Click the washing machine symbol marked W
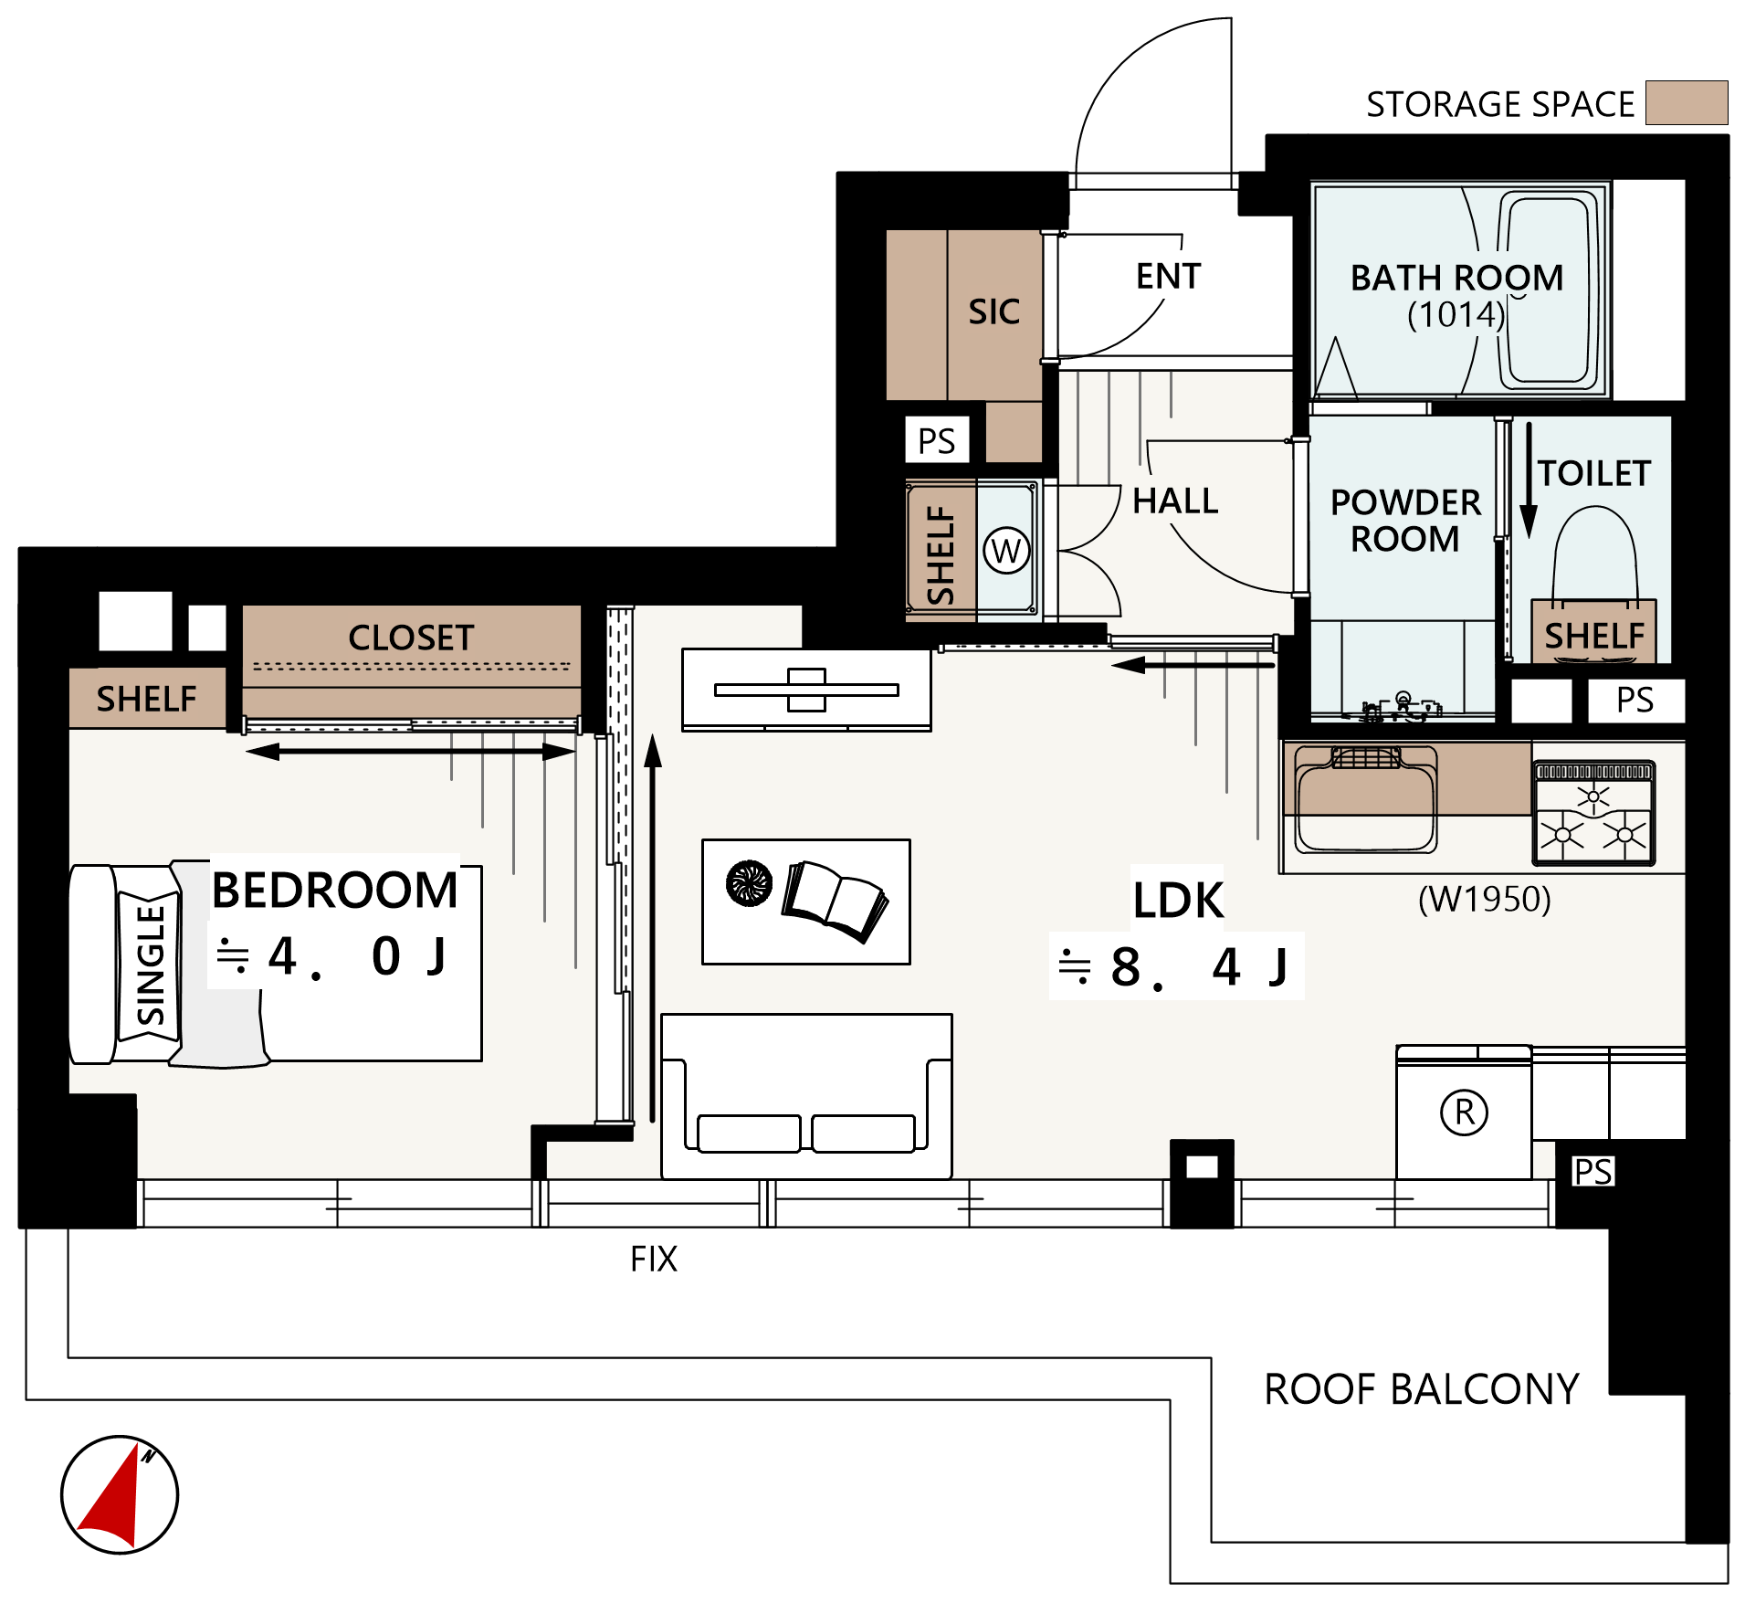click(x=1006, y=551)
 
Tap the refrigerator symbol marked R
click(x=1464, y=1113)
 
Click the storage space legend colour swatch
click(x=1687, y=102)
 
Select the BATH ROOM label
click(x=1456, y=278)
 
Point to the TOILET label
click(x=1594, y=473)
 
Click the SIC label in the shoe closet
click(x=994, y=311)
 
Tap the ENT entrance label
click(x=1168, y=276)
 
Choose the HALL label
click(x=1175, y=501)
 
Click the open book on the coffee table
click(x=834, y=902)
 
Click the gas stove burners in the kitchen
click(x=1593, y=813)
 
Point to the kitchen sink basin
click(x=1366, y=800)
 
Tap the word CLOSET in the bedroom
click(x=411, y=638)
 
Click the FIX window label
click(x=654, y=1259)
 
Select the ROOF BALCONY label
click(x=1422, y=1389)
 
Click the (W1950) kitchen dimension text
click(x=1484, y=900)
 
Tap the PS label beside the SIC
click(x=937, y=441)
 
